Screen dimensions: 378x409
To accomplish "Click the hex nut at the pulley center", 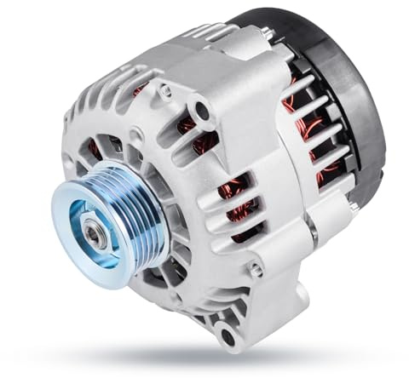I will point(95,232).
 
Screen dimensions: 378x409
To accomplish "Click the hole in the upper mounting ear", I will point(201,110).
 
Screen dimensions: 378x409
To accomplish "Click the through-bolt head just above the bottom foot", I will point(255,271).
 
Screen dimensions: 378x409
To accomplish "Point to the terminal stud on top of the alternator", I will point(267,34).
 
